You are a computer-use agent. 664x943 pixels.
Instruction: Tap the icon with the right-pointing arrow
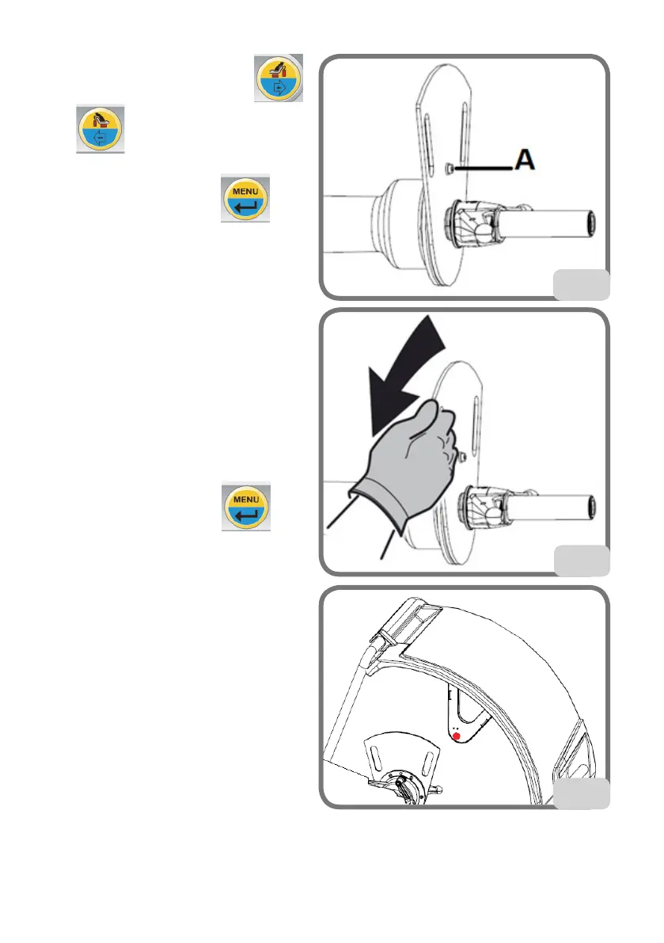coord(277,78)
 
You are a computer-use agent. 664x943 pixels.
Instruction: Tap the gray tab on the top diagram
coord(580,284)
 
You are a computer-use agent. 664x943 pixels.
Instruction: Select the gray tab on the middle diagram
coord(580,559)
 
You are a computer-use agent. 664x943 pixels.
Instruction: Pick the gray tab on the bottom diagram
coord(580,793)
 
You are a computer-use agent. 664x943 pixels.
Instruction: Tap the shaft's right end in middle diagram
coord(592,510)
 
